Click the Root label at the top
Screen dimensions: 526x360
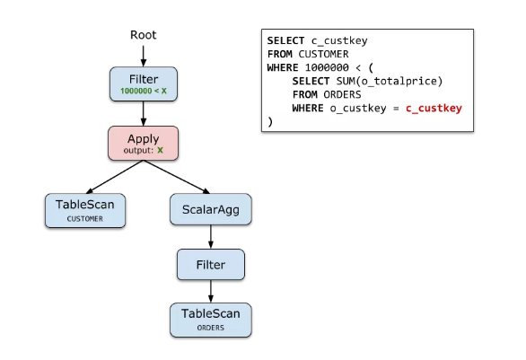(144, 35)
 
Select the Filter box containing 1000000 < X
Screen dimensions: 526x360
(144, 83)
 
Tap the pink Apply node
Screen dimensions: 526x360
(144, 144)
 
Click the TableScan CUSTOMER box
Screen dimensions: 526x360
(85, 210)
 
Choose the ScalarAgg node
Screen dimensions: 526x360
(211, 209)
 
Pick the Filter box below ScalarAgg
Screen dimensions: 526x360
(211, 264)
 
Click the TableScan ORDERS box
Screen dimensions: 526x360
(211, 320)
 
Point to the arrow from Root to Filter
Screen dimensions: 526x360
(144, 56)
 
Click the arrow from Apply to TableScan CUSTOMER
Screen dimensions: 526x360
(115, 177)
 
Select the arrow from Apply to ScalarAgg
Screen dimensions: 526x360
(177, 177)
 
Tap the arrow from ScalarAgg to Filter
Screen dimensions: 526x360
(211, 237)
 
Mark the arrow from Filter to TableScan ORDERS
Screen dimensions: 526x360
(211, 291)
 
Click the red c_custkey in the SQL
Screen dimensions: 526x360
(434, 109)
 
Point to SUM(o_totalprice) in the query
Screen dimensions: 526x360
(390, 81)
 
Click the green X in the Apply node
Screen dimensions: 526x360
(160, 150)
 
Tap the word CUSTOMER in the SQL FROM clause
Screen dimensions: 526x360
(323, 54)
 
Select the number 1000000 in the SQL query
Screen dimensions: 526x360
(327, 67)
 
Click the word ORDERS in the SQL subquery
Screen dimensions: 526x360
(342, 94)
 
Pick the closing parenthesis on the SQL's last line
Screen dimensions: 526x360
(270, 121)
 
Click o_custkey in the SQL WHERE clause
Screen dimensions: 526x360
(358, 109)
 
